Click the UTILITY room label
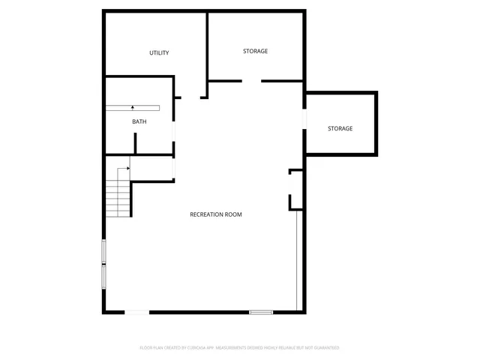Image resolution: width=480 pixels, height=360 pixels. pos(159,52)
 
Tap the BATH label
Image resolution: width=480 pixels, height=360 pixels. pos(139,121)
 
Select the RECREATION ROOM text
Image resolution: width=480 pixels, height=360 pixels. pos(216,214)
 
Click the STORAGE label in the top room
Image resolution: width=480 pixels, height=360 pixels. pos(255,51)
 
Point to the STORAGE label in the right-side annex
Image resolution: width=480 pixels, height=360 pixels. pos(340,129)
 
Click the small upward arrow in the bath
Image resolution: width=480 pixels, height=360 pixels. pos(133,108)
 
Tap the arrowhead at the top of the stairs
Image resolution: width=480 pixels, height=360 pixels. pos(129,169)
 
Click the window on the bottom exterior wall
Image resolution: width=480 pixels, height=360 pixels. pos(261,312)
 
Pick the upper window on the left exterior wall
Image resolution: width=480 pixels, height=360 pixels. pos(103,251)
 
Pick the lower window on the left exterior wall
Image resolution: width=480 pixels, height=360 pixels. pos(103,276)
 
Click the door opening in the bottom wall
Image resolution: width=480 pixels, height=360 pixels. pos(137,312)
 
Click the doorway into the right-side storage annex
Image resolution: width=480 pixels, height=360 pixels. pos(304,119)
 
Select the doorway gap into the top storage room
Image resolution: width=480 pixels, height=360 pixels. pos(251,80)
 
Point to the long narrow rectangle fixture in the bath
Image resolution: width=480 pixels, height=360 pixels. pos(133,108)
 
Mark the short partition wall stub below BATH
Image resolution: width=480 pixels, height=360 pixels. pos(136,143)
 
